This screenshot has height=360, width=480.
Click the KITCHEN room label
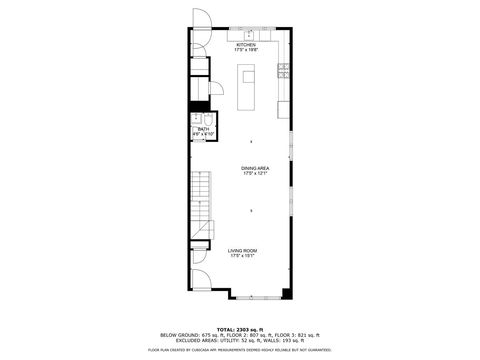(x=246, y=44)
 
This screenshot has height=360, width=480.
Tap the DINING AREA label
(x=255, y=168)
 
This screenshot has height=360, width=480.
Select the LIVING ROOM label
(x=244, y=251)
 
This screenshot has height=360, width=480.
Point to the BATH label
(x=203, y=129)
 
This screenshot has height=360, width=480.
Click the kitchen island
(x=247, y=86)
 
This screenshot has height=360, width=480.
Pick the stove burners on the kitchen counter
(x=284, y=70)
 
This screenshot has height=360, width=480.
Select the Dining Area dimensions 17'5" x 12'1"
(x=255, y=174)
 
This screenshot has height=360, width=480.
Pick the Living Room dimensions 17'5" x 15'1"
(x=244, y=256)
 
